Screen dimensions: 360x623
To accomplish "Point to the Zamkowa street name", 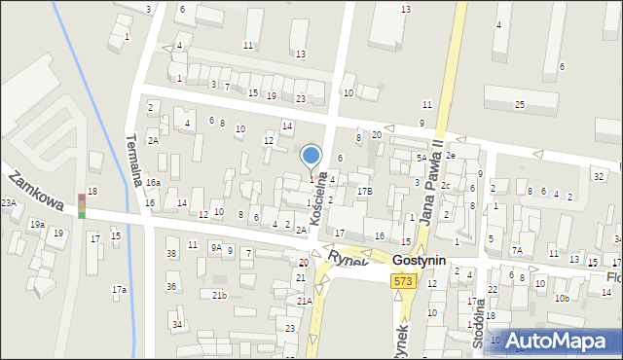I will (x=35, y=190).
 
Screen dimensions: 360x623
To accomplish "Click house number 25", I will (x=520, y=104).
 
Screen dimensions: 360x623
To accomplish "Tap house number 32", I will (x=598, y=176).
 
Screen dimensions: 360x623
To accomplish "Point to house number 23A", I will (x=9, y=202).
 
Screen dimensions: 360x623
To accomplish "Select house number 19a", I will (x=37, y=225).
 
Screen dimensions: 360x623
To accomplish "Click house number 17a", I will (x=119, y=289).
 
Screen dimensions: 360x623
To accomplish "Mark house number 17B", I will (x=364, y=192).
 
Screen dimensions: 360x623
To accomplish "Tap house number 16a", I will (x=153, y=183).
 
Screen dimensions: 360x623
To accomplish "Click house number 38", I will (x=171, y=254).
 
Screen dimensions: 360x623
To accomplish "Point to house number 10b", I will (x=562, y=298).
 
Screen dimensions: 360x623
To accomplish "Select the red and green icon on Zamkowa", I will (x=82, y=204).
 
